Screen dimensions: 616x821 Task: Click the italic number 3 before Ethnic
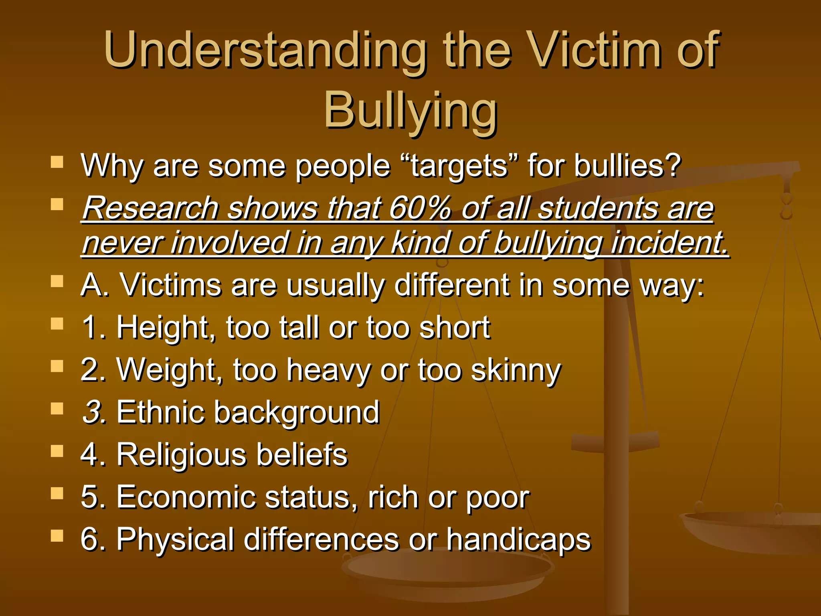[93, 412]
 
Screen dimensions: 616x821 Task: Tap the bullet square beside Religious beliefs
[57, 451]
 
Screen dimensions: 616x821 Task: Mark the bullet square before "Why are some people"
[57, 162]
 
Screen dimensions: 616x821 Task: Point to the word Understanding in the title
[265, 50]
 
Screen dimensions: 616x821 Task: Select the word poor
[497, 498]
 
